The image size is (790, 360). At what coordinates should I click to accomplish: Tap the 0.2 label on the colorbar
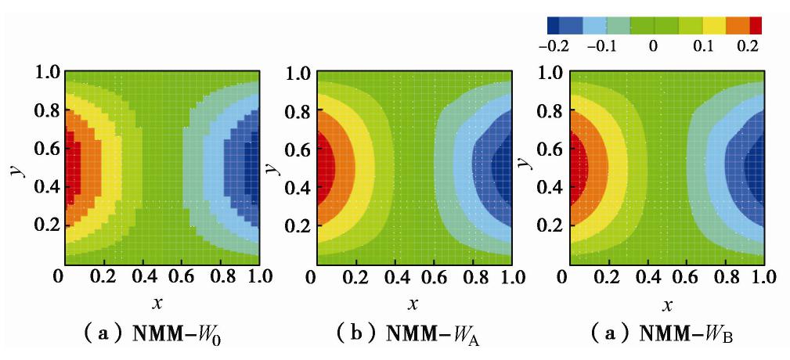(749, 45)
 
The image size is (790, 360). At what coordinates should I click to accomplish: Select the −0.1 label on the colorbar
(601, 45)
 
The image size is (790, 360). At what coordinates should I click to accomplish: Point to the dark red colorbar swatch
(756, 25)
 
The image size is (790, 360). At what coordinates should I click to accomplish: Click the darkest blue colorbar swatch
(554, 25)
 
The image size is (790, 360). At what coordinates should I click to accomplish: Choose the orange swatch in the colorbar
(738, 25)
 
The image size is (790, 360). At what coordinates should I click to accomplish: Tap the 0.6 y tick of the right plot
(550, 149)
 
